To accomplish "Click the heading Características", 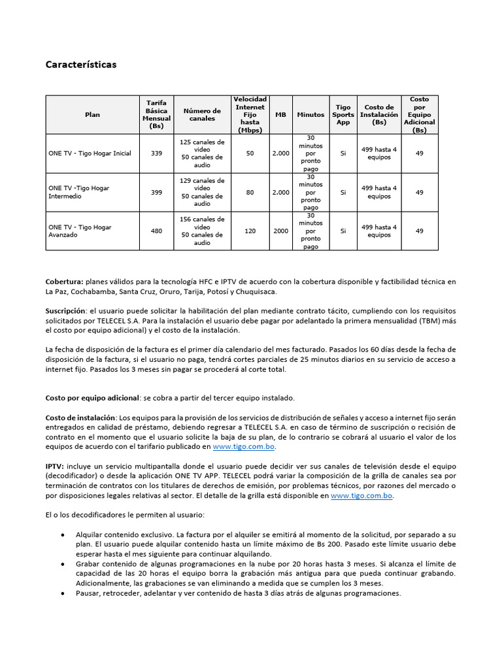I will pos(81,65).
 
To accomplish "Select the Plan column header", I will pos(93,114).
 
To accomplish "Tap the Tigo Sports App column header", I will pos(343,114).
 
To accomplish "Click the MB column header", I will pos(280,114).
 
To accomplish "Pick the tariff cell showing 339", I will pos(156,154).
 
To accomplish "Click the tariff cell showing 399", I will pos(156,192).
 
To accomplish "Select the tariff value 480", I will pos(156,231).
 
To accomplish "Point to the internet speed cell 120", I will pos(250,231).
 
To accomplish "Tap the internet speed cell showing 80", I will pos(250,192).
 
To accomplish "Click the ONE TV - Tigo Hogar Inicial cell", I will pos(90,154).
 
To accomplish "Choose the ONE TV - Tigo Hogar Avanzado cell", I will pos(80,231).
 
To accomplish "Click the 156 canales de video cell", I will pos(202,220).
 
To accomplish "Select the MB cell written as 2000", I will pos(280,231).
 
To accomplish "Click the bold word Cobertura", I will pos(64,282).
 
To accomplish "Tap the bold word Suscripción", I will pos(65,311).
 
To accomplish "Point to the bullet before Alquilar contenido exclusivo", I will pos(62,534).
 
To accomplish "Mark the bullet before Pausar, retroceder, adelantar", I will pos(62,593).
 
